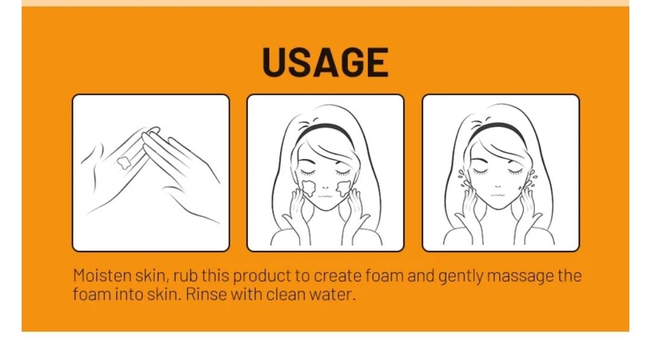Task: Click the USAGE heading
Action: tap(325, 62)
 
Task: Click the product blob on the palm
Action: tap(124, 162)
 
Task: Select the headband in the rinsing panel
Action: tap(500, 128)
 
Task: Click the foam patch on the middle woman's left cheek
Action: tap(308, 188)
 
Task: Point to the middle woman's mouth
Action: tap(325, 196)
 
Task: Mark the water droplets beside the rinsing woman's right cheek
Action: tap(462, 176)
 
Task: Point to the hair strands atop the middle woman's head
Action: tap(309, 122)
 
